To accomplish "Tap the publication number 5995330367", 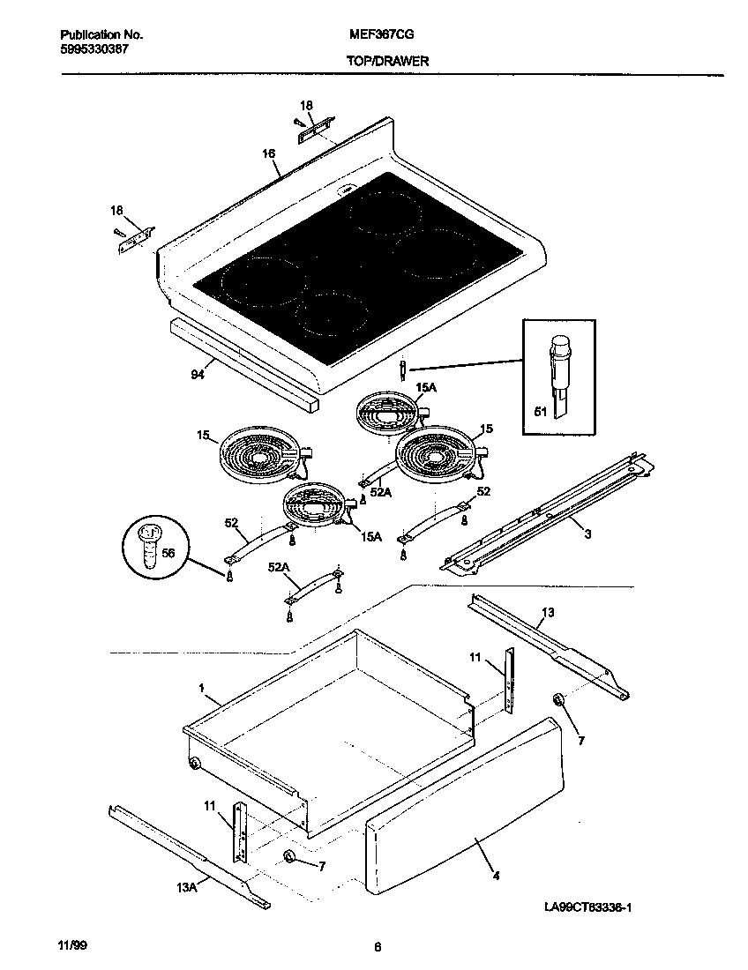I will point(94,49).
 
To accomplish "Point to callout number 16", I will point(268,153).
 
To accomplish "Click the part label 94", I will point(198,374).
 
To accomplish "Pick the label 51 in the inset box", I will point(541,411).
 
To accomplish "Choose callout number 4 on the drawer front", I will point(496,877).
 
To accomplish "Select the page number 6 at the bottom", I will point(378,948).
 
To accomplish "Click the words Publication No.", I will point(101,34).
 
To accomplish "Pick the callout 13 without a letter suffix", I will point(548,612).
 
